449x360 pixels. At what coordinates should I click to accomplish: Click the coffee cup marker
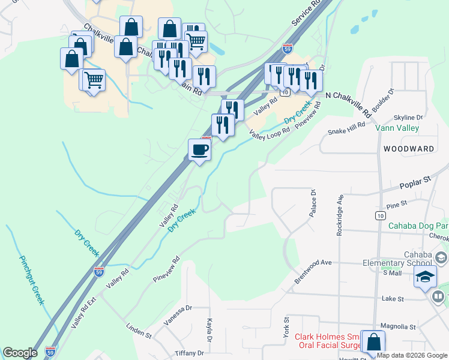(199, 150)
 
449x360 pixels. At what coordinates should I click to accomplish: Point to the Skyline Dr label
(408, 118)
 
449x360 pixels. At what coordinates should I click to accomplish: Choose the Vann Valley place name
(397, 128)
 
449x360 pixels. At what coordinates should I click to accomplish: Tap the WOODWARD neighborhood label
(409, 148)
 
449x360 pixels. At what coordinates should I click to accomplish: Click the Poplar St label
(419, 179)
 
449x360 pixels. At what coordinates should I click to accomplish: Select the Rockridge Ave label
(340, 214)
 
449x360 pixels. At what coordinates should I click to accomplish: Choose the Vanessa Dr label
(178, 316)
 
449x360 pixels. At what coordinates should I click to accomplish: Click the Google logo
(20, 353)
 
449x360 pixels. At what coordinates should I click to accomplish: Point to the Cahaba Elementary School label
(397, 257)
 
